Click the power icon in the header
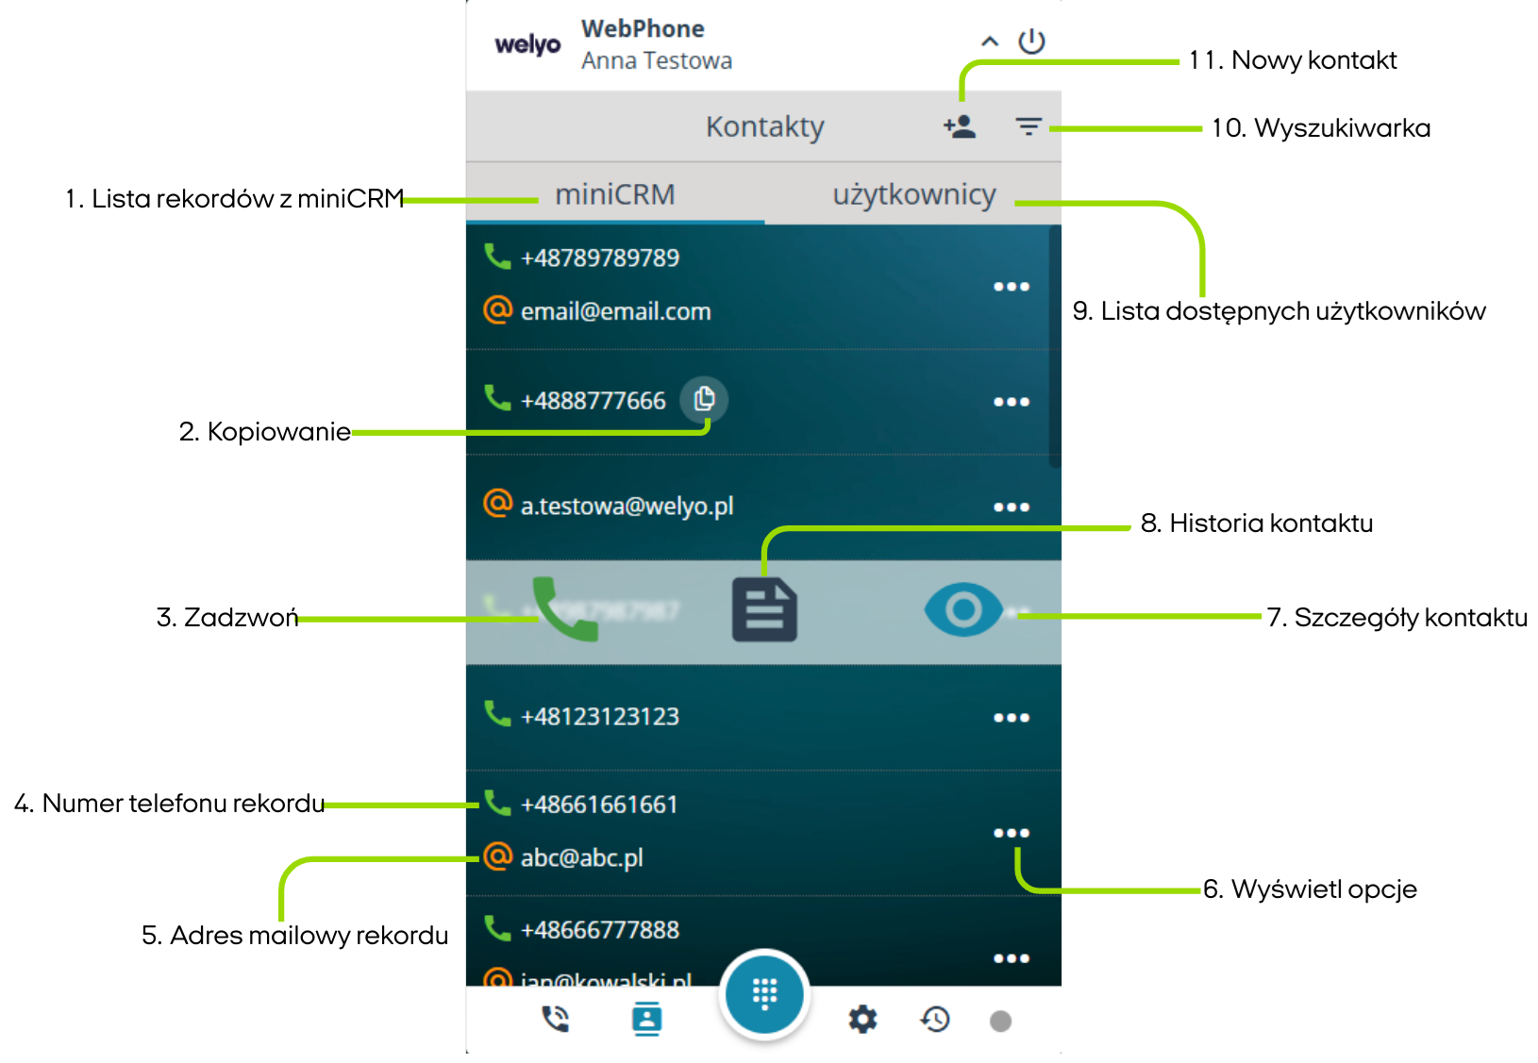click(1031, 42)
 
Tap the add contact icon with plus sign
click(960, 126)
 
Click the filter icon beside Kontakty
click(1028, 126)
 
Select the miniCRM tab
click(614, 194)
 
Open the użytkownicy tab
click(913, 194)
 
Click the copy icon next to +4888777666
click(704, 399)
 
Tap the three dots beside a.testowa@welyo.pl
click(1011, 507)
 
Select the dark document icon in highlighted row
click(764, 610)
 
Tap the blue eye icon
click(963, 609)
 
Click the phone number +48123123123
click(600, 717)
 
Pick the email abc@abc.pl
click(581, 857)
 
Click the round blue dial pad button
click(764, 993)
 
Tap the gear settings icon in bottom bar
click(862, 1019)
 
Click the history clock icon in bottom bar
click(935, 1019)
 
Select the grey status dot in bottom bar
click(1000, 1021)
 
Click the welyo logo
click(527, 44)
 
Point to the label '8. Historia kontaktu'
click(1256, 523)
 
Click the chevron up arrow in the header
click(990, 42)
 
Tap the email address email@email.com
click(615, 311)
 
